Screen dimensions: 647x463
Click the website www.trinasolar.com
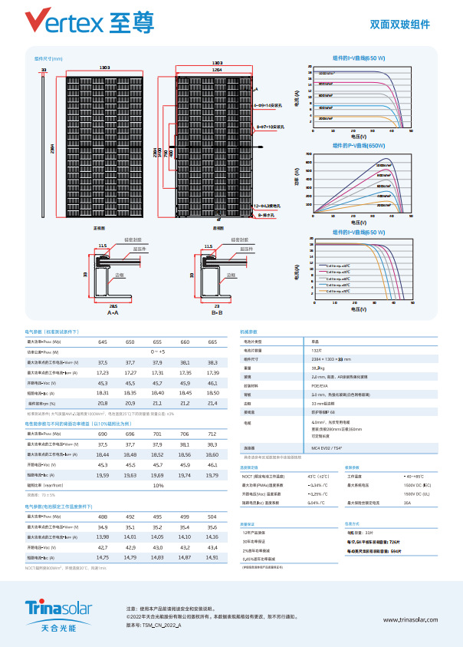point(409,619)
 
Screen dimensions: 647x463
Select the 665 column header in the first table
point(212,342)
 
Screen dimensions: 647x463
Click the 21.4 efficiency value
point(212,403)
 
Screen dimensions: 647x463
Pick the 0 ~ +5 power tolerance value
point(158,352)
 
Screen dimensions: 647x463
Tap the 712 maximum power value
point(212,434)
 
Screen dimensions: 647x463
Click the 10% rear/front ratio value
point(158,485)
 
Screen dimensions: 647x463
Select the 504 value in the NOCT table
point(212,517)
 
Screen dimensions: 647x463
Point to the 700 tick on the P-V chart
point(309,155)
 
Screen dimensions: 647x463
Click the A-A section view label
point(113,313)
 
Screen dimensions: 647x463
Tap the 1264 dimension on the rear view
point(218,69)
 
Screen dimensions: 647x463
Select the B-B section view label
point(217,313)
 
